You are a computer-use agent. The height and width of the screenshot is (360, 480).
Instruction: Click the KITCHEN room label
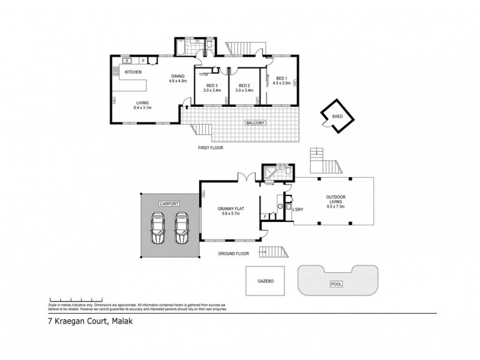(133, 73)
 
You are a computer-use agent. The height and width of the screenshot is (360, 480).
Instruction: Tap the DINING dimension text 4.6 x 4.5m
(178, 80)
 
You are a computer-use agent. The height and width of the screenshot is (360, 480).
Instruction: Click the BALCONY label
(255, 123)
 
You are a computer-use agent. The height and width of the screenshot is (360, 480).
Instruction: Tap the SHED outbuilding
(337, 116)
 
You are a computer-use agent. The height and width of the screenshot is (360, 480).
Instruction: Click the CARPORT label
(169, 204)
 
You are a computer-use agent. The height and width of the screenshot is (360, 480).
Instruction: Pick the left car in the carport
(158, 230)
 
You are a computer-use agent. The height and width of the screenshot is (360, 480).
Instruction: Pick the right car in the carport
(182, 230)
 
